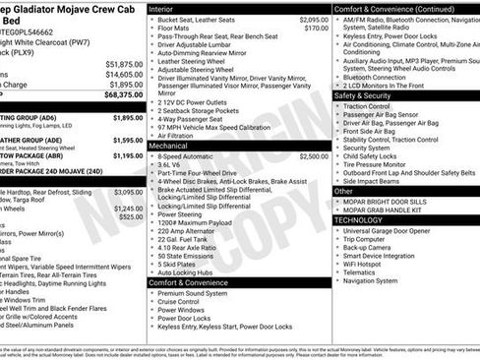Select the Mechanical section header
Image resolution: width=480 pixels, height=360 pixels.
(x=175, y=144)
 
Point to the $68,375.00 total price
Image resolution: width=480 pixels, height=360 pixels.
(x=123, y=95)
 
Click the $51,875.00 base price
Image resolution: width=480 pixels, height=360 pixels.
(x=124, y=64)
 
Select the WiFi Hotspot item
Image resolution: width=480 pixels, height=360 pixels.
(x=369, y=264)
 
